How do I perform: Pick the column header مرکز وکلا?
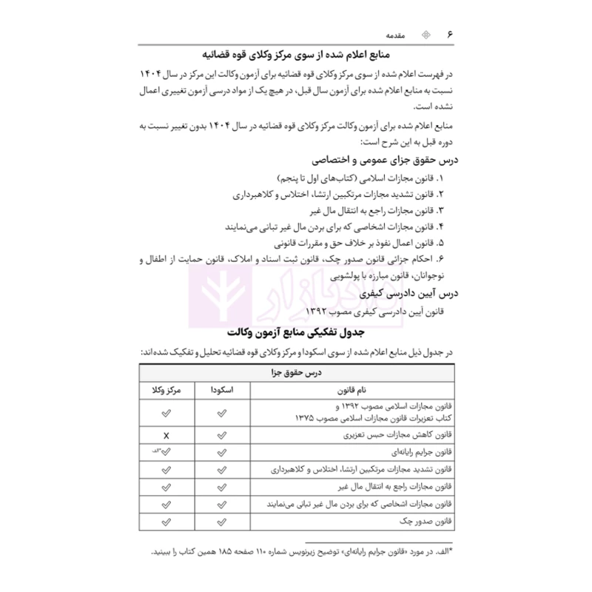(x=166, y=389)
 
